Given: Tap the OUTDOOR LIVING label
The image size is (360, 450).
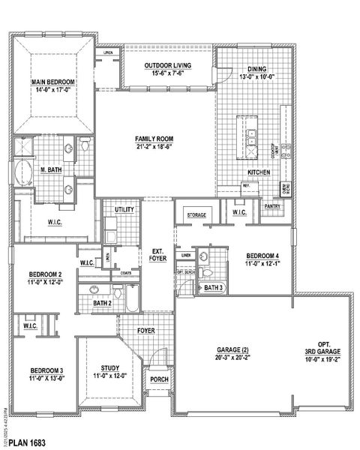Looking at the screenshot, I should click(x=168, y=66).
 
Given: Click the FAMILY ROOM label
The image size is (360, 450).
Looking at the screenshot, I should click(x=154, y=139).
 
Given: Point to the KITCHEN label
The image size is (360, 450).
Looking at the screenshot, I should click(x=259, y=172).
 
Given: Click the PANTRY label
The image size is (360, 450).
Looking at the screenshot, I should click(x=272, y=205).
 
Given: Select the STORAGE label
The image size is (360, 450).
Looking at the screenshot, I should click(x=196, y=215).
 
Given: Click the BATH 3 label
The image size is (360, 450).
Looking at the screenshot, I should click(x=214, y=287).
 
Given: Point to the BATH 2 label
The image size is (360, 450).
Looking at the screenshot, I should click(x=103, y=302).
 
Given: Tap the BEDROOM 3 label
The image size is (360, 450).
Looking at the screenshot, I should click(x=37, y=370).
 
